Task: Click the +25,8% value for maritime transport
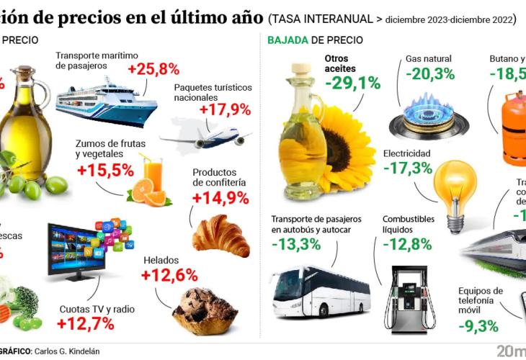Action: pos(153,70)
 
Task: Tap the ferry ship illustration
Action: pos(106,103)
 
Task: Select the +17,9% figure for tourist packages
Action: pos(225,109)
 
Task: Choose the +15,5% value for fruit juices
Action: pos(105,171)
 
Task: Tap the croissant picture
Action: pos(220,235)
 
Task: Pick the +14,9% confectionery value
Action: pos(220,199)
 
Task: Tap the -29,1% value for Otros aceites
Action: pos(352,83)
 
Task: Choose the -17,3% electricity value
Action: pos(408,168)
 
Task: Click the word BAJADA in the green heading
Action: pos(288,40)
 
